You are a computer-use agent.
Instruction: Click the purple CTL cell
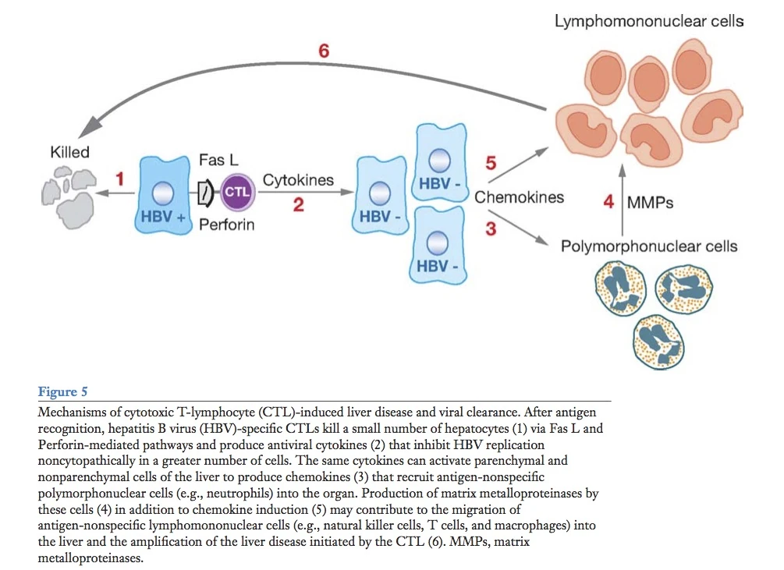click(236, 192)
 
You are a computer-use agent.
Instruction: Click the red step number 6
click(324, 51)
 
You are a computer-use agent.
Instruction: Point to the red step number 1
click(120, 179)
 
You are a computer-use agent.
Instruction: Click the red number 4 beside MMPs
click(608, 202)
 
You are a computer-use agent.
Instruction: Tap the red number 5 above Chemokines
click(490, 163)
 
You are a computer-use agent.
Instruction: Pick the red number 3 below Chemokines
click(490, 229)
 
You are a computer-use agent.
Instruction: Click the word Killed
click(70, 152)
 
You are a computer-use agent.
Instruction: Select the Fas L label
click(218, 160)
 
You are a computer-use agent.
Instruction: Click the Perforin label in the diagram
click(226, 226)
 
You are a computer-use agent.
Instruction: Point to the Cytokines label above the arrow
click(298, 180)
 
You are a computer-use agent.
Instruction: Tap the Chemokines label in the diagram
click(519, 196)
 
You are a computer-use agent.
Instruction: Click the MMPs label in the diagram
click(649, 203)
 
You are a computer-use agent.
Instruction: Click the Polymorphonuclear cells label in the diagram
click(649, 247)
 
